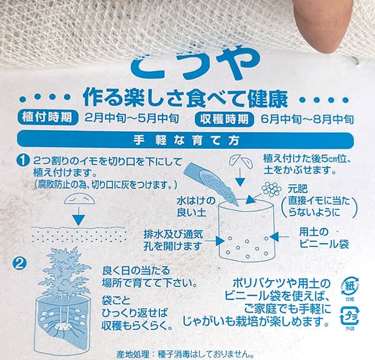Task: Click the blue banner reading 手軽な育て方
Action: tap(187, 139)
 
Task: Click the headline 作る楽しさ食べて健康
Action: tap(186, 97)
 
